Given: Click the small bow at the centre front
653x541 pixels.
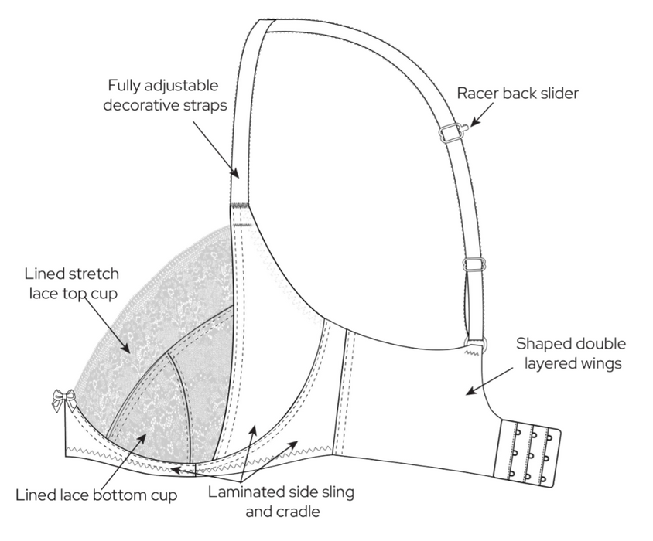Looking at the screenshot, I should pos(64,400).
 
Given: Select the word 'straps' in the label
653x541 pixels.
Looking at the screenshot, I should pos(206,106).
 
